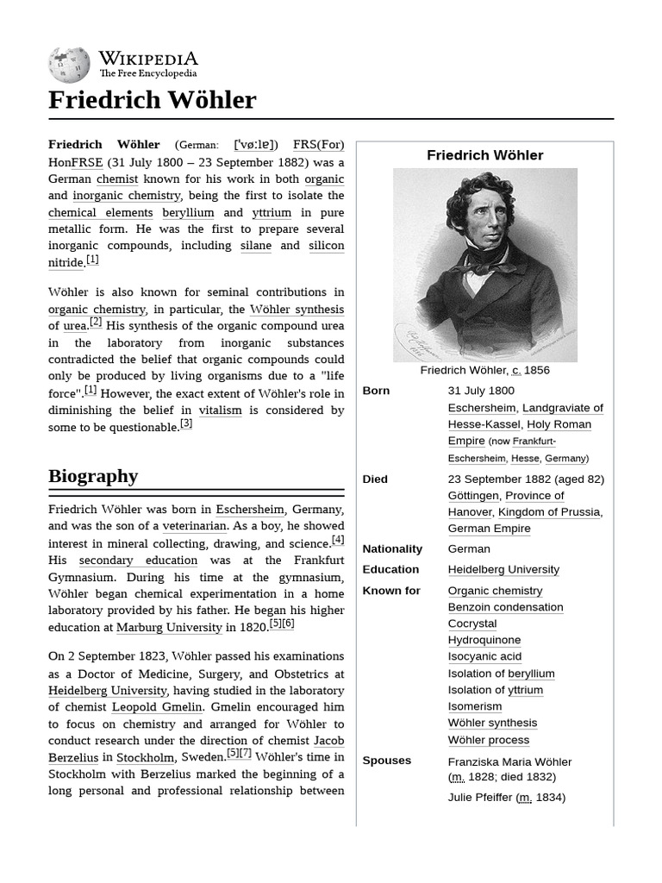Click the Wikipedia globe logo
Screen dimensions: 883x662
point(69,66)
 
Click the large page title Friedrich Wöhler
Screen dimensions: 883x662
point(152,100)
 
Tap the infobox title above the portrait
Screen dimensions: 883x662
point(484,155)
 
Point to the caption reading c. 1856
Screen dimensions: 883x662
point(484,370)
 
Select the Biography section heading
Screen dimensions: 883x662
point(93,476)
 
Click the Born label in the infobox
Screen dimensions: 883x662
point(376,391)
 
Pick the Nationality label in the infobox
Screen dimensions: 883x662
point(392,548)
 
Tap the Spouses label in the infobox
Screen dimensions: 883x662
point(386,761)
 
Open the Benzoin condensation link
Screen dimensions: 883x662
point(505,607)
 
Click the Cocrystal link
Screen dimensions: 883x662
point(472,623)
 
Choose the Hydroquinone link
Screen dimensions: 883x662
point(484,640)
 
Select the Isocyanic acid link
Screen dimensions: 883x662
point(484,656)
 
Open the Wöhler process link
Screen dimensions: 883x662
point(488,740)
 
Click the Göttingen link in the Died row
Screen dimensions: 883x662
point(473,496)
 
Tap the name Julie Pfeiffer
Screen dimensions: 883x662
point(480,798)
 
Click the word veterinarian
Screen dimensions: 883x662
point(195,526)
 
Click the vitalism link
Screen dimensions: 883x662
point(220,410)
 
